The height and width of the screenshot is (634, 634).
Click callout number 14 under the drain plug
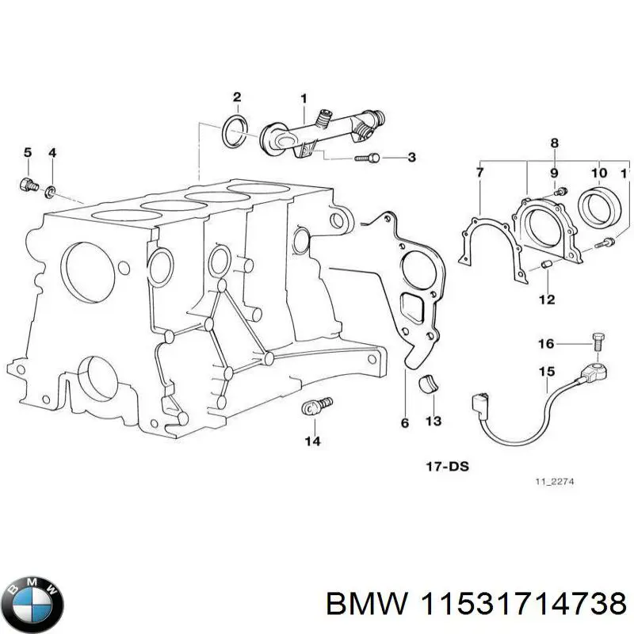[x=312, y=441]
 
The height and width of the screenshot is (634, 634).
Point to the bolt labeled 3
[x=367, y=158]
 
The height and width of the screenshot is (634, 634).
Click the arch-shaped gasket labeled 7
[x=475, y=242]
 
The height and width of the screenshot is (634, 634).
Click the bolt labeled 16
[x=597, y=343]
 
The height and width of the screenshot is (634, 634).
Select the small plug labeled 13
[x=429, y=382]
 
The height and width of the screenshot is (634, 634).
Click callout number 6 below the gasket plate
[x=404, y=424]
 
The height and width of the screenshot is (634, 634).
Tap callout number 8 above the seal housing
[x=555, y=143]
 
